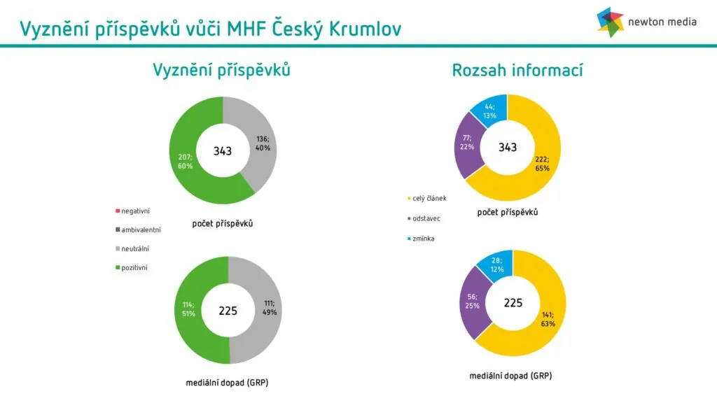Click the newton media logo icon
[x=610, y=22]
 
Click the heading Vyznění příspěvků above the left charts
[x=221, y=71]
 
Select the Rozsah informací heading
[x=517, y=71]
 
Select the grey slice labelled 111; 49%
[x=269, y=308]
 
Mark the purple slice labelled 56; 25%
[x=472, y=302]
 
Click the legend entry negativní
[x=132, y=211]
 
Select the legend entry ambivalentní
[x=138, y=229]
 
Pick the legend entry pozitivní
[x=132, y=268]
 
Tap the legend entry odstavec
[x=424, y=218]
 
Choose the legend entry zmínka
[x=421, y=239]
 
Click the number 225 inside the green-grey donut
[x=228, y=311]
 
